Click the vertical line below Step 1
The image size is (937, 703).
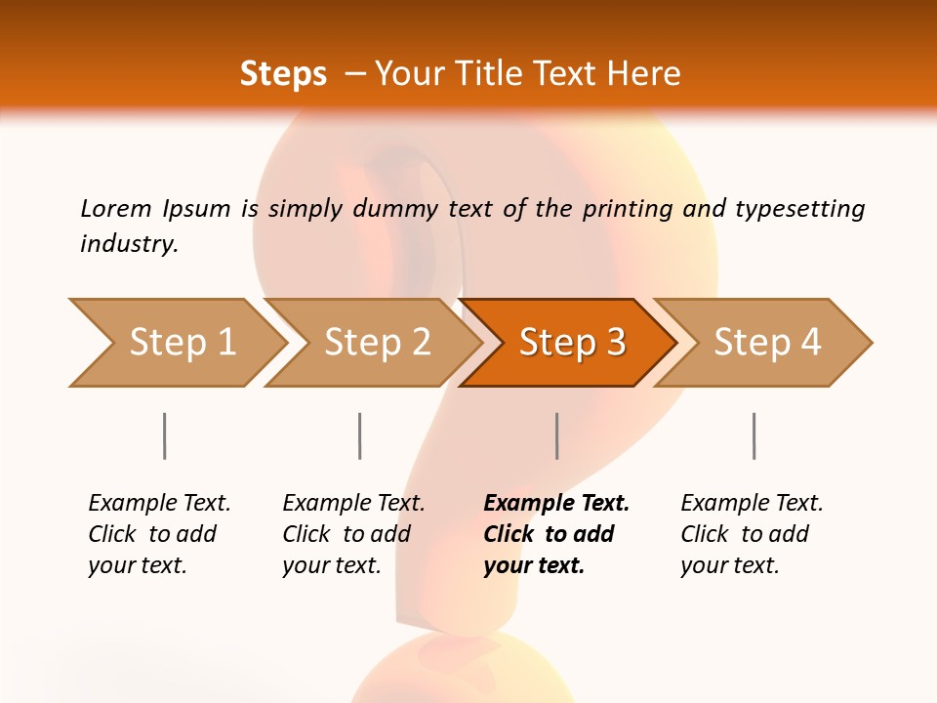(x=164, y=435)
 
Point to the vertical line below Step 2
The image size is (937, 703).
(x=360, y=435)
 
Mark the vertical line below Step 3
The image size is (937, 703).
(x=556, y=435)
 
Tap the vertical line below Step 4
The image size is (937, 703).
(x=754, y=435)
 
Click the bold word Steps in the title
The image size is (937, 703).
(x=283, y=74)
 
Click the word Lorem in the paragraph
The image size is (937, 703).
(x=116, y=208)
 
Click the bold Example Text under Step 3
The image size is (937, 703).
(x=556, y=504)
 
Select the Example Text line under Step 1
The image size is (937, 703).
(x=159, y=504)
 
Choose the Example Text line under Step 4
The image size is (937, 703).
(x=752, y=504)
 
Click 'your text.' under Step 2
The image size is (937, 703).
(x=332, y=565)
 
